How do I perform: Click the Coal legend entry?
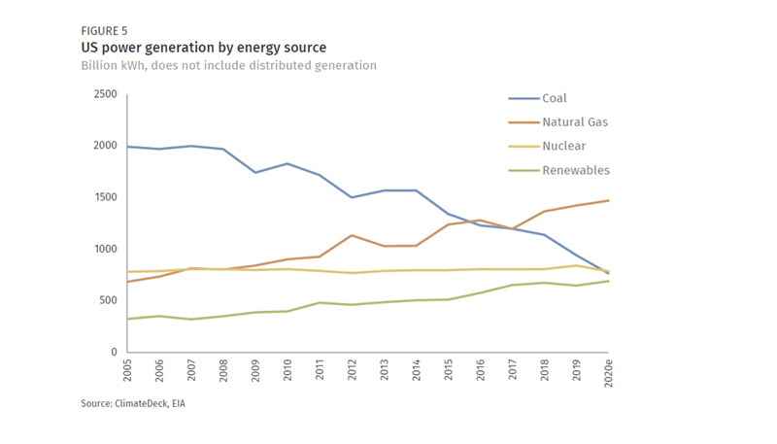tap(554, 98)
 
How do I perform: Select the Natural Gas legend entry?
tap(574, 122)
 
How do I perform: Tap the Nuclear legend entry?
tap(563, 147)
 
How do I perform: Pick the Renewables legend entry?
tap(575, 171)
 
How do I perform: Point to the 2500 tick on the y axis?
tap(105, 94)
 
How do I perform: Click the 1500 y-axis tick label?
tap(105, 197)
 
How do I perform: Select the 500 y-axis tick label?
tap(108, 300)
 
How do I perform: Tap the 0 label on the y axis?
tap(114, 352)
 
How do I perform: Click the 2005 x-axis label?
tap(128, 372)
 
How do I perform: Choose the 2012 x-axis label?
tap(353, 372)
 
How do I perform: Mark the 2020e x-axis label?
tap(609, 374)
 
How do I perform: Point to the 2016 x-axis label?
tap(481, 372)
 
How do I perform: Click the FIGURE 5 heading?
tap(105, 31)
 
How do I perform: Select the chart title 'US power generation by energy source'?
tap(203, 48)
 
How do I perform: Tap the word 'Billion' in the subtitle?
tap(102, 66)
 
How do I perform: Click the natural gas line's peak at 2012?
tap(353, 235)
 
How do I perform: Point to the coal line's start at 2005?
tap(128, 147)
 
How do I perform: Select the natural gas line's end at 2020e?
tap(609, 200)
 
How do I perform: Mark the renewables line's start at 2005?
tap(128, 319)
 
